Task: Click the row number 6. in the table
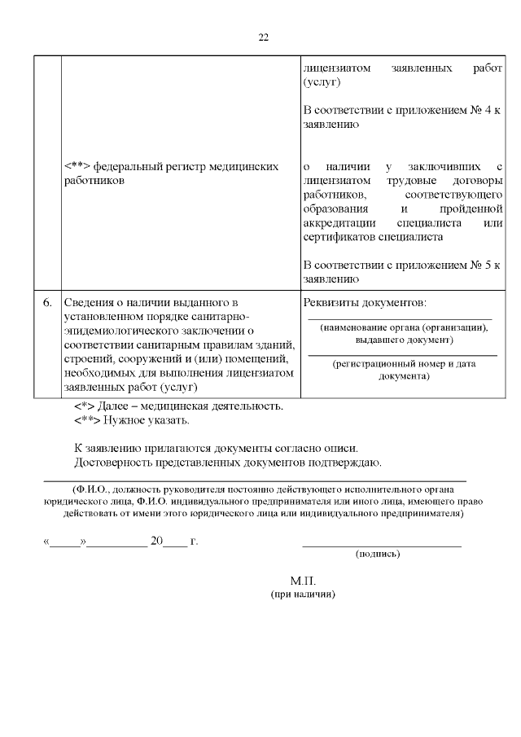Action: tap(48, 303)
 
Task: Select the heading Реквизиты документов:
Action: tap(364, 303)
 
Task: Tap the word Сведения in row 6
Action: tap(89, 303)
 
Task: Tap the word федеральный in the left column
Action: tap(125, 166)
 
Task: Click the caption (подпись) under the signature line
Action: tap(378, 554)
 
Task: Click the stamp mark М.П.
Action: tap(302, 581)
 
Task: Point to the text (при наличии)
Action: tap(303, 594)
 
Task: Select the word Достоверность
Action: tap(112, 463)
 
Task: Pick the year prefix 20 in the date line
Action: tap(157, 540)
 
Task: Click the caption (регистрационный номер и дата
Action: tap(404, 363)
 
